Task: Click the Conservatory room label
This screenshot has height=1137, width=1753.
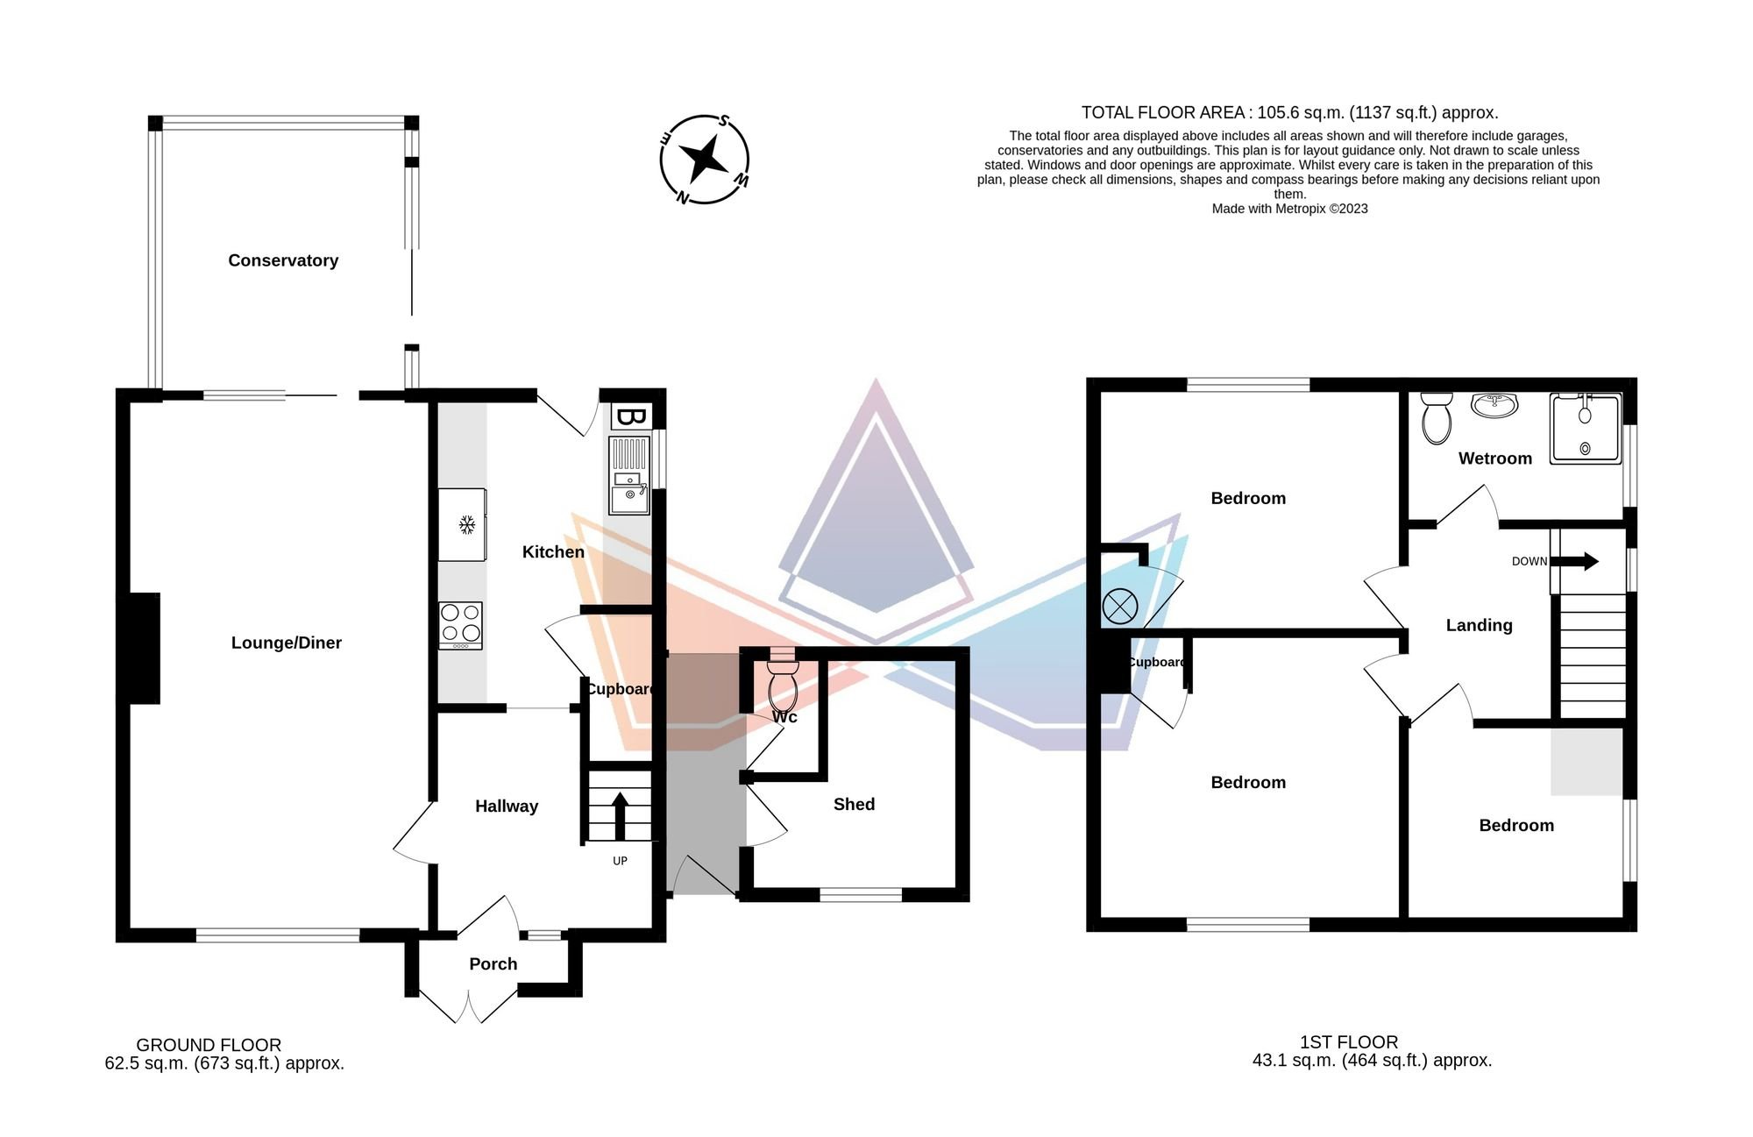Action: [x=283, y=260]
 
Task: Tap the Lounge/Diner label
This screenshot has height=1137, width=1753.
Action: [x=287, y=643]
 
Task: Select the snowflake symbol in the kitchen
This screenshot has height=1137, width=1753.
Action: [x=467, y=525]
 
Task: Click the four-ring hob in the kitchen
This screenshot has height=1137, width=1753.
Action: [x=461, y=625]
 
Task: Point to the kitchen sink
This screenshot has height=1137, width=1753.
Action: [x=629, y=476]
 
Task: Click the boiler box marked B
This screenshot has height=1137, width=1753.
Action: [x=629, y=417]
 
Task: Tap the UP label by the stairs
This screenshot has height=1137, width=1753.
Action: [x=620, y=861]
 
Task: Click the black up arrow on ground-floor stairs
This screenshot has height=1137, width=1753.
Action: [x=620, y=816]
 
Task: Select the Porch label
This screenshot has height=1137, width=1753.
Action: [x=493, y=964]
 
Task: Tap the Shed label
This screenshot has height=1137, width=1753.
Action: [x=855, y=804]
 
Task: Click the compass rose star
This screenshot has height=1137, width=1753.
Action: [x=704, y=160]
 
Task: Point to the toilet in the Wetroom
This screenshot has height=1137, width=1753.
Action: [x=1436, y=417]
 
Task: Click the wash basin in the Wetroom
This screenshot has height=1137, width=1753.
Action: [x=1494, y=404]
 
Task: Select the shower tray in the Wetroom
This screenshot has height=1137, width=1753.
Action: [x=1586, y=429]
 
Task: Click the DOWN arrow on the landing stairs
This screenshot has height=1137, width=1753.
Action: [x=1575, y=561]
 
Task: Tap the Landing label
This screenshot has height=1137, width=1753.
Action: [x=1480, y=625]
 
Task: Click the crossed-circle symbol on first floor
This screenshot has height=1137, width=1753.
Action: [x=1119, y=606]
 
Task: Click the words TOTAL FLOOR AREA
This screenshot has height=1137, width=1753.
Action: [x=1162, y=112]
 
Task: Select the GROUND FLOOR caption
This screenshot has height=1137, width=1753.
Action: [x=209, y=1045]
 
